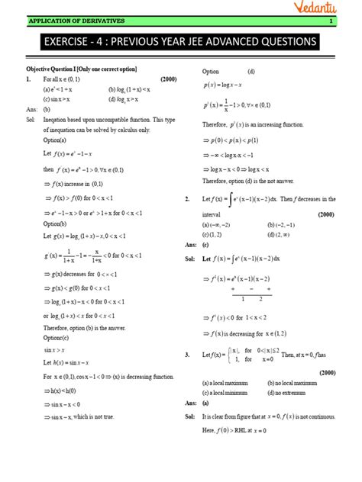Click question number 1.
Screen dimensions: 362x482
point(28,79)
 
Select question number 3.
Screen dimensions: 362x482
point(187,355)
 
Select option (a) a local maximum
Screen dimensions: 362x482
point(228,382)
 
